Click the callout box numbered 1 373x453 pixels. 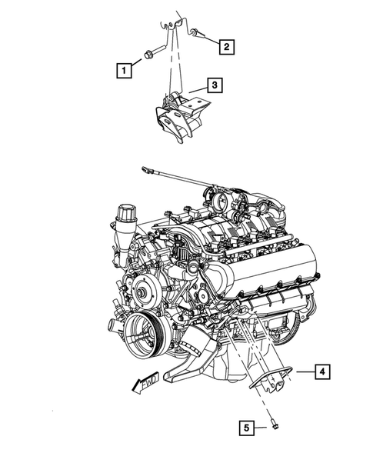(123, 71)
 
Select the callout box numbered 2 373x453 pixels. (225, 48)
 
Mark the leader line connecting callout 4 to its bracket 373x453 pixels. (301, 372)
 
